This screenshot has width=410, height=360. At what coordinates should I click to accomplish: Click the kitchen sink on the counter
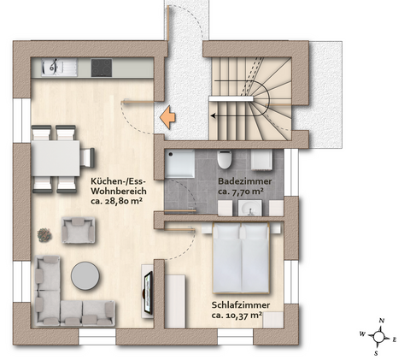[x=53, y=67]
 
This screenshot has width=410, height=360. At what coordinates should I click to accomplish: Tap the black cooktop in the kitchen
[x=101, y=67]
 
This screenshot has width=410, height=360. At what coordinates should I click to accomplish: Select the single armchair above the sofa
[x=79, y=228]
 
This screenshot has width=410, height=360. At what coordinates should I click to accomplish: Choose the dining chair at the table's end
[x=87, y=157]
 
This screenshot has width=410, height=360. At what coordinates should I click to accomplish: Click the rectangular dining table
[x=56, y=157]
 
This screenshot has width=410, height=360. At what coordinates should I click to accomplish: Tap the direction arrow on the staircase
[x=224, y=110]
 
